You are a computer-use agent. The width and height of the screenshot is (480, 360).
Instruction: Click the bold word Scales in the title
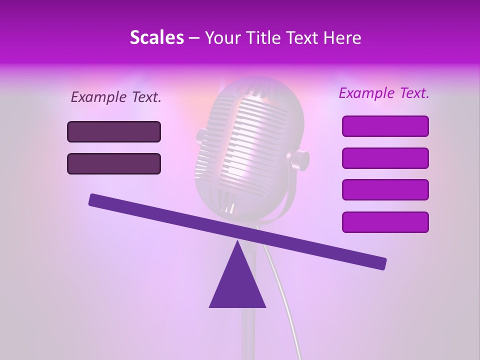point(156,38)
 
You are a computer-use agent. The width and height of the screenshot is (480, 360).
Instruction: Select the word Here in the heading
point(342,38)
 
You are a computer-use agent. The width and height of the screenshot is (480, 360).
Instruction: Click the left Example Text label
point(116,97)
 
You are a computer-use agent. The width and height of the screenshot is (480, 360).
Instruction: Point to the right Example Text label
point(384,93)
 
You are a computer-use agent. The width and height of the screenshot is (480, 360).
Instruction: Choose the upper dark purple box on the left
point(114,131)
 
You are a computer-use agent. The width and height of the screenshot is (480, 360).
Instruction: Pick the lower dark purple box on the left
point(114,163)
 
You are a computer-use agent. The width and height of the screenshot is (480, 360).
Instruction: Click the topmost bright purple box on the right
point(385,126)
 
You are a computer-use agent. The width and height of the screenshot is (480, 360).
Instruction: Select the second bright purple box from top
point(385,158)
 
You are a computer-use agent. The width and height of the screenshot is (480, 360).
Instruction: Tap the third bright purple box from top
point(385,189)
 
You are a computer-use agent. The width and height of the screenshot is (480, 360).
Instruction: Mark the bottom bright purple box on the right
point(385,222)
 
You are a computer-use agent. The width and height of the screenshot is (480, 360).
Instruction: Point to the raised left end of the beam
point(95,200)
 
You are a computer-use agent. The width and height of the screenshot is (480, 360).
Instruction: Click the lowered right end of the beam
point(380,263)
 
